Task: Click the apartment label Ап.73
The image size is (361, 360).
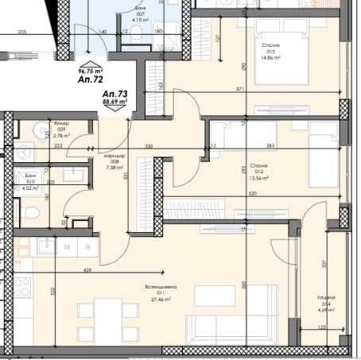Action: point(113,94)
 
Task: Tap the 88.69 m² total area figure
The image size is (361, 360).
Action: point(113,103)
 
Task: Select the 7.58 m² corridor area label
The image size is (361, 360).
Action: point(115,168)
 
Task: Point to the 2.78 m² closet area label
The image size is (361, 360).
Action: point(60,136)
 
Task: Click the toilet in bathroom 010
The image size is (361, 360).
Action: point(29,214)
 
